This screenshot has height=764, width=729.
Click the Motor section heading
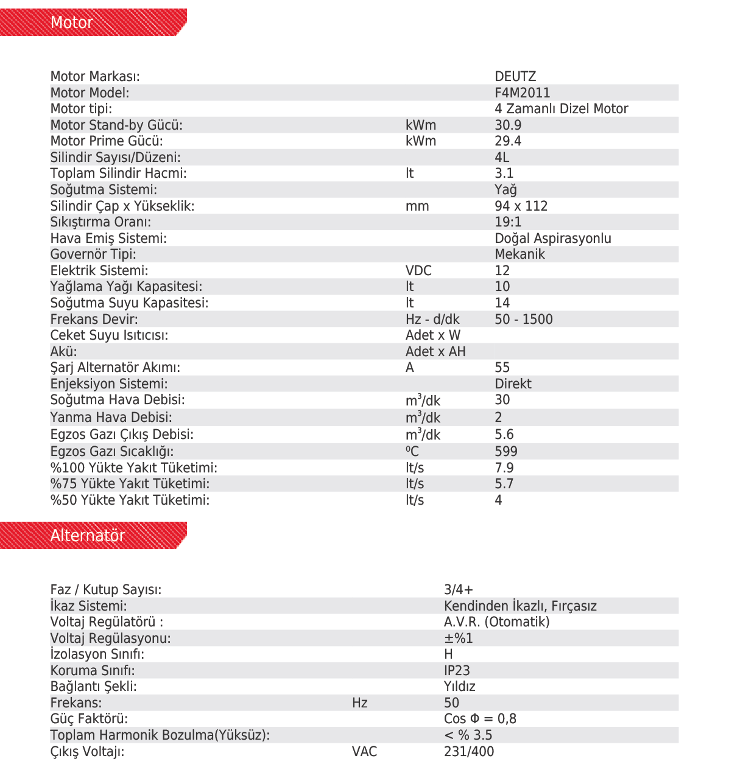point(72,23)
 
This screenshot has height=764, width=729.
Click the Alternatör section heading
point(88,536)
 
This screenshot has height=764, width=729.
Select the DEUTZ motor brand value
point(515,77)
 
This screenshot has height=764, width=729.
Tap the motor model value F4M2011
point(522,93)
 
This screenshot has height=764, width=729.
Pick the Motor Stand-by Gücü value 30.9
point(508,125)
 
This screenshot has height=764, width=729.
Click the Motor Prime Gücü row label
point(107,141)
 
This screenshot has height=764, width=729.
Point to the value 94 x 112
point(521,206)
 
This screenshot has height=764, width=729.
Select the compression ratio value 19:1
point(508,222)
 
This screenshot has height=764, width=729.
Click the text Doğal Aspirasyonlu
point(552,239)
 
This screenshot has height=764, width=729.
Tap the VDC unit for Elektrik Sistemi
point(418,271)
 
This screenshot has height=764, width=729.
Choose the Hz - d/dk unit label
point(432,320)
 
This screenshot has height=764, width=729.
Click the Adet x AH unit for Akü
point(435,352)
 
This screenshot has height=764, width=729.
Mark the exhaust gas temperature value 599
point(506,452)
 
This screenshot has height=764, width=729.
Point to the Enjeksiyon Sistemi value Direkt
point(513,384)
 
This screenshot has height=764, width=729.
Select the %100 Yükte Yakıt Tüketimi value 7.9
point(504,468)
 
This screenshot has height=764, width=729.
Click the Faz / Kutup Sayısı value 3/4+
point(459,590)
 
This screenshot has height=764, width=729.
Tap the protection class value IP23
point(457,671)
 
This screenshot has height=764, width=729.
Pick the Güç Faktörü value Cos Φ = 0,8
point(480,719)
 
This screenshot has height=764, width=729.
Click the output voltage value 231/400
point(469,752)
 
